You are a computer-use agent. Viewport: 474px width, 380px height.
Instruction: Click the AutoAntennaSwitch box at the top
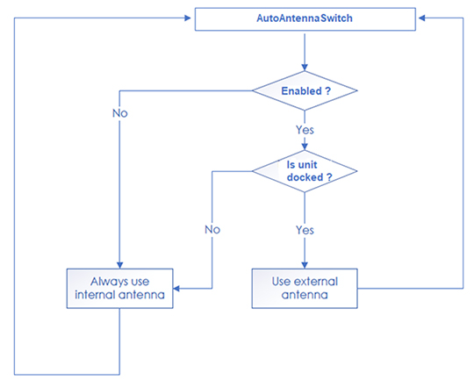click(305, 19)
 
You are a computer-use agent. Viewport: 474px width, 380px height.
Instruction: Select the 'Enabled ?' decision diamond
click(305, 90)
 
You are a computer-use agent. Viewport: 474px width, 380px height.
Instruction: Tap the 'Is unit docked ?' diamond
click(305, 171)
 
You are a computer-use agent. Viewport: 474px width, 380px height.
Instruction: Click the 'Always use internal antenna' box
click(119, 289)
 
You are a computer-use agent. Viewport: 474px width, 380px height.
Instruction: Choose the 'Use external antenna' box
click(305, 289)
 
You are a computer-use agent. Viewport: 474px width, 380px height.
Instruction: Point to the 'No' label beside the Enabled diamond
click(120, 113)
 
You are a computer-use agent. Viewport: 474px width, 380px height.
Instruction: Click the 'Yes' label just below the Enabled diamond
click(305, 130)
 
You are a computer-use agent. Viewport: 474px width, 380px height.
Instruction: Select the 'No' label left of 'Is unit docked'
click(212, 230)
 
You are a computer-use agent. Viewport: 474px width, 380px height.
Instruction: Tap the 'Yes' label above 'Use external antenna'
click(305, 230)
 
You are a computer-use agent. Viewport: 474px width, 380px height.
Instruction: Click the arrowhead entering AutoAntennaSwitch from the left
click(188, 18)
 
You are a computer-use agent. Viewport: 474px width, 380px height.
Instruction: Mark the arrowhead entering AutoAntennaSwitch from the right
click(422, 18)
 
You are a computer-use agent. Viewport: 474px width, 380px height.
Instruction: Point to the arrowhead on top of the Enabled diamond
click(305, 68)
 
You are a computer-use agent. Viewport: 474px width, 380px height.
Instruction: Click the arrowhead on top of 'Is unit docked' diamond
click(305, 147)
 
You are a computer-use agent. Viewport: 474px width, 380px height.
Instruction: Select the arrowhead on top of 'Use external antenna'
click(305, 265)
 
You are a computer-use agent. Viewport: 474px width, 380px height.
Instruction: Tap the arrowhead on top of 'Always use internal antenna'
click(119, 265)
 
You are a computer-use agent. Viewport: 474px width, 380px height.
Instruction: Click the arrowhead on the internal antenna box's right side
click(176, 289)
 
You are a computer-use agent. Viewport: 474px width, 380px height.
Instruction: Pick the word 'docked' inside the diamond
click(305, 177)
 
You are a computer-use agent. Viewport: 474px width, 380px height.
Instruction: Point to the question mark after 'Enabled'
click(328, 91)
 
